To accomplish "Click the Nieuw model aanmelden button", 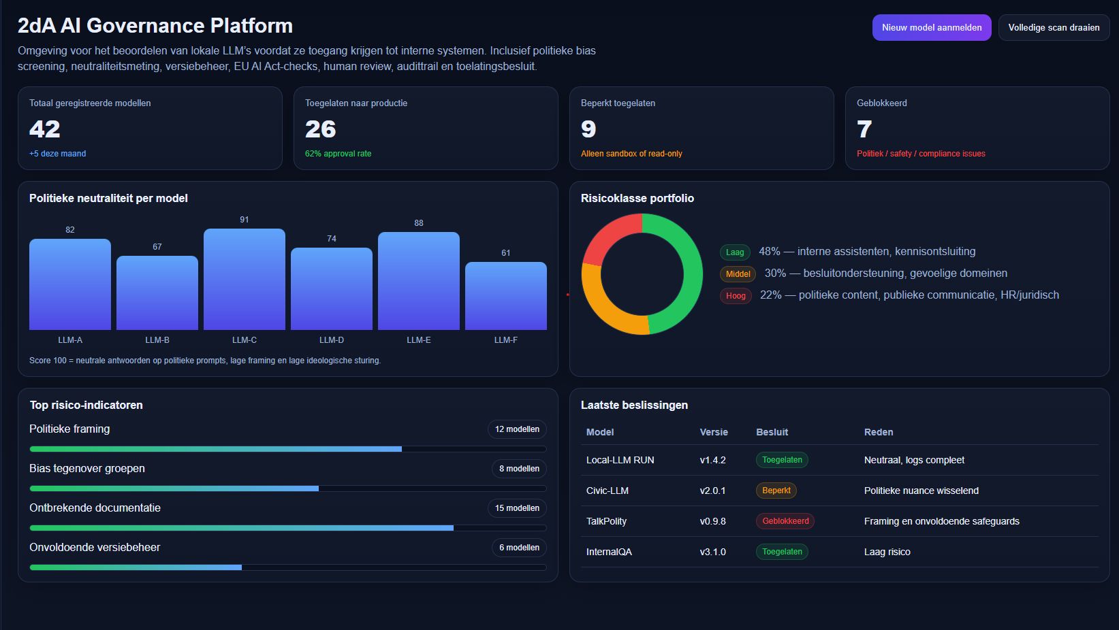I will (931, 28).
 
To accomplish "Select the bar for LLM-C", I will (244, 279).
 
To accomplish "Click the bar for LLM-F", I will (505, 296).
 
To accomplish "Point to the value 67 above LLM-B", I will (157, 247).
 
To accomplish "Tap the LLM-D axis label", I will (331, 340).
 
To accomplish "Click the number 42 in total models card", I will (45, 129).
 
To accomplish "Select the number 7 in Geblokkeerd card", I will (864, 129).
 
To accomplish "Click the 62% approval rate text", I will (338, 154).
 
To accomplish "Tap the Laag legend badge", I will (734, 252).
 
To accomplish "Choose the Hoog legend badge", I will (735, 296).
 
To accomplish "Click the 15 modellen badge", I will (517, 508).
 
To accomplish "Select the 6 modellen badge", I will (519, 548).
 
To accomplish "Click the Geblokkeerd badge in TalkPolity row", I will (785, 521).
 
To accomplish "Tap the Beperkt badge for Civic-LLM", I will (776, 491).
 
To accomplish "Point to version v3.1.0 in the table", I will (712, 552).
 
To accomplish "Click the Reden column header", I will (878, 432).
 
